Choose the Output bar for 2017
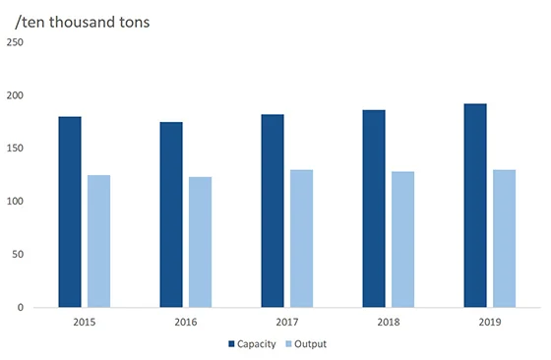tap(301, 238)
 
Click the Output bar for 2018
tap(402, 239)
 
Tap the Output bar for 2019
tap(504, 238)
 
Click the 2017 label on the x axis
tap(286, 321)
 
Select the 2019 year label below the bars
tap(489, 321)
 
